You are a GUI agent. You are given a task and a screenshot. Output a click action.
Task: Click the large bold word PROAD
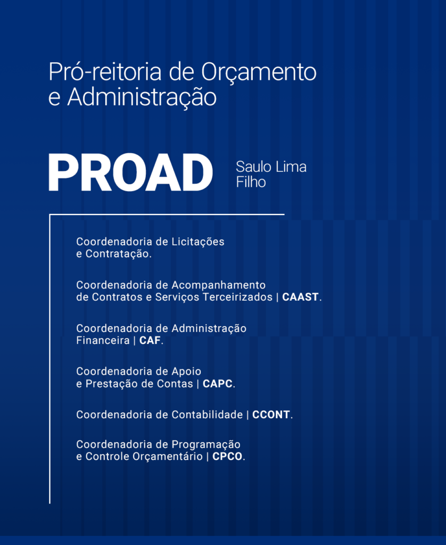(131, 173)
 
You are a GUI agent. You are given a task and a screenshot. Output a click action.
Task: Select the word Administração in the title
(142, 98)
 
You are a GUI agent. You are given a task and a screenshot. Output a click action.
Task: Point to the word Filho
(251, 182)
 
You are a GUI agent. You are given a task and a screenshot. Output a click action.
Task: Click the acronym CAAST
(300, 297)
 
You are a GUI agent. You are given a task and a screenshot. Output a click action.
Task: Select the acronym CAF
(150, 340)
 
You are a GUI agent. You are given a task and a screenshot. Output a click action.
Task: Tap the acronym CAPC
(218, 384)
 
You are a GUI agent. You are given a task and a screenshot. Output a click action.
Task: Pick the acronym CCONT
(271, 415)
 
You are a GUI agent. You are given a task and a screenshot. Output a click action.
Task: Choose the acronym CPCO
(227, 456)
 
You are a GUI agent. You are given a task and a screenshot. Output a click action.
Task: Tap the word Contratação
(118, 254)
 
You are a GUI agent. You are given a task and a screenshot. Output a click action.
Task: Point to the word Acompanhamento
(219, 286)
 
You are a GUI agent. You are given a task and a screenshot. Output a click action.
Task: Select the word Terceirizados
(238, 297)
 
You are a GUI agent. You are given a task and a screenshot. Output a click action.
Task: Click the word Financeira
(103, 340)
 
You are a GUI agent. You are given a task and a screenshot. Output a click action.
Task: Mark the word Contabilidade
(207, 415)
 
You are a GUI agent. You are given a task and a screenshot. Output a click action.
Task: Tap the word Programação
(206, 445)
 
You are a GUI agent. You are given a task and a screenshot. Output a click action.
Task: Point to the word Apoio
(186, 372)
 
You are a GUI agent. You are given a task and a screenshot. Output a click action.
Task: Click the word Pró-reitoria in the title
(105, 72)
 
